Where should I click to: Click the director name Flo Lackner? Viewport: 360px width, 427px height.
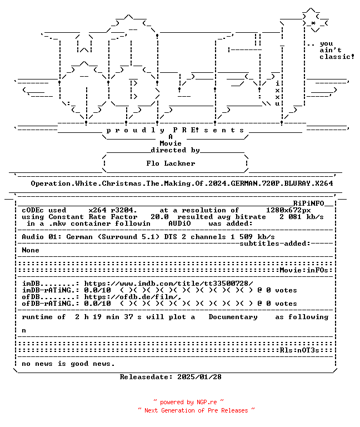[171, 163]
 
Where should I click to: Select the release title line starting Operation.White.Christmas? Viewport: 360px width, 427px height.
[182, 183]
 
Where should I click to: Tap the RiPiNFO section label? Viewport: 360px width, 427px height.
[308, 203]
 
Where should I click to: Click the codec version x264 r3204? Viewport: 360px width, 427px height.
[113, 210]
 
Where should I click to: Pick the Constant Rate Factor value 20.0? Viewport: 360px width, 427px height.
[159, 217]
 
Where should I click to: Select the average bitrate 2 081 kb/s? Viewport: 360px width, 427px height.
[302, 217]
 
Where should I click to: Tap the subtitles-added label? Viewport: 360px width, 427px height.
[275, 244]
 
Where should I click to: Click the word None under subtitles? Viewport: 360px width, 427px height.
[31, 250]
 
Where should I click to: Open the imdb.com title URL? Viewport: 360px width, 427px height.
[168, 284]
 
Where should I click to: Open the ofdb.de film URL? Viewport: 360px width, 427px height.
[133, 297]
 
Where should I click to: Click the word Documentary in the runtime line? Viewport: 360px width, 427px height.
[233, 317]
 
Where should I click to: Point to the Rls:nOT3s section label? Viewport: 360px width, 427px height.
[299, 350]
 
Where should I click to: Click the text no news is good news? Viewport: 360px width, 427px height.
[68, 364]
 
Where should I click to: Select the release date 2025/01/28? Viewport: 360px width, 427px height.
[199, 377]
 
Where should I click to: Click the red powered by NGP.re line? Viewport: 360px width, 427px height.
[188, 402]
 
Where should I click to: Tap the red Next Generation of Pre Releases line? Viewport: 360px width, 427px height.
[196, 410]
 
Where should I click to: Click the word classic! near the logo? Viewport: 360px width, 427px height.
[337, 57]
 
